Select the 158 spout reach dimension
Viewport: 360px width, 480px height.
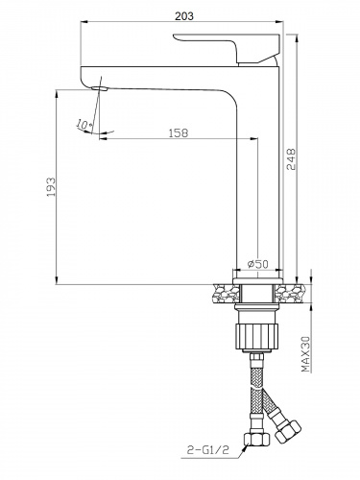(x=177, y=132)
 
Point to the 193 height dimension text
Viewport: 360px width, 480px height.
(x=49, y=188)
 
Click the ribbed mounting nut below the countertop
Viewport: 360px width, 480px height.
(x=257, y=336)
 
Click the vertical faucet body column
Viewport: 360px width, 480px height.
(x=257, y=173)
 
